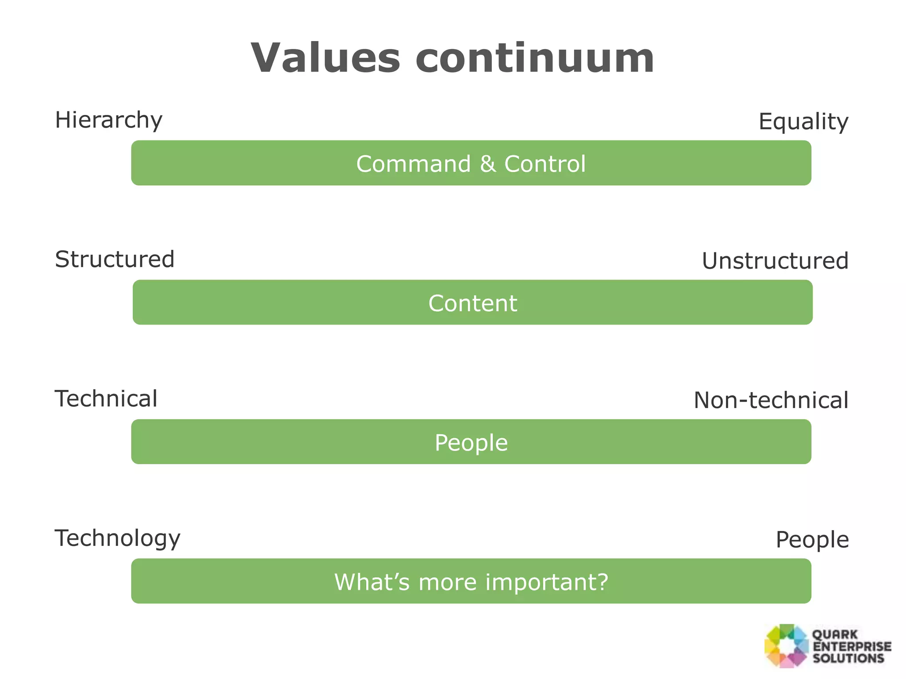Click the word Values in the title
point(326,58)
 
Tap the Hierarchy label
point(108,120)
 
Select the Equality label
point(803,122)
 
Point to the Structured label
point(115,259)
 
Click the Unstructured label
point(775,261)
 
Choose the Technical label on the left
point(106,399)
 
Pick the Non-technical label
point(771,400)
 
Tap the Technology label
point(117,538)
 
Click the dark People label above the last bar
point(812,540)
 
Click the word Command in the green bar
point(413,164)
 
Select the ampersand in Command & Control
point(488,164)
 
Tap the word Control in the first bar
point(545,164)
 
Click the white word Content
point(472,303)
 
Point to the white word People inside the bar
point(471,442)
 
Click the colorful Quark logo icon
point(786,646)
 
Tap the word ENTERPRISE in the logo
point(852,646)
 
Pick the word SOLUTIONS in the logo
point(848,658)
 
